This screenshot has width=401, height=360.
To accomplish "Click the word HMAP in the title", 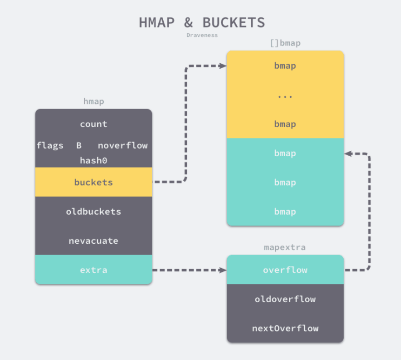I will pyautogui.click(x=157, y=23).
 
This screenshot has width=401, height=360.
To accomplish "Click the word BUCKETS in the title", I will pyautogui.click(x=233, y=23).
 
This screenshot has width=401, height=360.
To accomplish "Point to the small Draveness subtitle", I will pyautogui.click(x=202, y=35).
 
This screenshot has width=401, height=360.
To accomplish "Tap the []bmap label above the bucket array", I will pyautogui.click(x=285, y=43).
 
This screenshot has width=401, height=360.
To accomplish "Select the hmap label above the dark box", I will pyautogui.click(x=93, y=101).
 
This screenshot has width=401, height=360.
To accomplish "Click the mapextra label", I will pyautogui.click(x=285, y=247).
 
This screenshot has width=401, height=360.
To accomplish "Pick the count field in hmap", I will pyautogui.click(x=93, y=124).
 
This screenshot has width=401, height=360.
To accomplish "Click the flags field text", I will pyautogui.click(x=50, y=145).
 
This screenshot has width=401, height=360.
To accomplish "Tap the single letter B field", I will pyautogui.click(x=79, y=145).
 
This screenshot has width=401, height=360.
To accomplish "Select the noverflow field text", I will pyautogui.click(x=123, y=145).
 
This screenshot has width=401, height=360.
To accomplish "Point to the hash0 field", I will pyautogui.click(x=93, y=161).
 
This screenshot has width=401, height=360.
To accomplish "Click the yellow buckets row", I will pyautogui.click(x=93, y=182).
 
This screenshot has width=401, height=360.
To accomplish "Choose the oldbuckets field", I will pyautogui.click(x=93, y=211).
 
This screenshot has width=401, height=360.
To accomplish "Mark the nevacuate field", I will pyautogui.click(x=93, y=241).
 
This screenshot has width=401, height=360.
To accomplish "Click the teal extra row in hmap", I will pyautogui.click(x=93, y=270).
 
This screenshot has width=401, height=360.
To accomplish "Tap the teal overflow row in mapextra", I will pyautogui.click(x=285, y=270).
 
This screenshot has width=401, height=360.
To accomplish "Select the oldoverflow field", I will pyautogui.click(x=285, y=299).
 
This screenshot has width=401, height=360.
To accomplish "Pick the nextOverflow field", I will pyautogui.click(x=285, y=328).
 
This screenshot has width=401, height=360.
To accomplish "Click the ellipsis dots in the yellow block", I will pyautogui.click(x=285, y=96).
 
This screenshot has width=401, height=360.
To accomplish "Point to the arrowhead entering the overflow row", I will pyautogui.click(x=223, y=270).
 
